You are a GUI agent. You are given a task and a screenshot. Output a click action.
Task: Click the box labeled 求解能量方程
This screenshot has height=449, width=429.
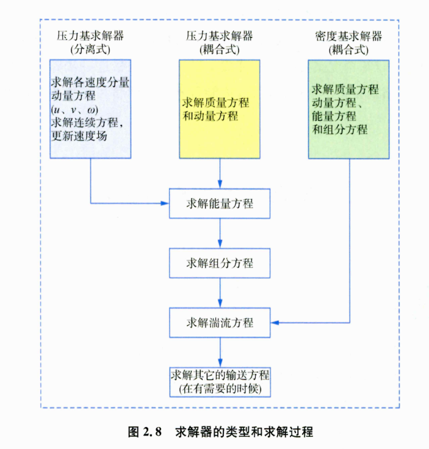point(220,204)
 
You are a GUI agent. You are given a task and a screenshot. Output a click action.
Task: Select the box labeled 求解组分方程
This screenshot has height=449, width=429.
point(220,264)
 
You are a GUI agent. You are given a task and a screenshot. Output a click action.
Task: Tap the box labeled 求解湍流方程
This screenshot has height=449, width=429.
point(220,323)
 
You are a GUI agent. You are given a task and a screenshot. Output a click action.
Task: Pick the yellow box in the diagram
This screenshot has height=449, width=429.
point(220,109)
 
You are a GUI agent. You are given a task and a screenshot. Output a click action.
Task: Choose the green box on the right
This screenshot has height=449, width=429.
point(348,109)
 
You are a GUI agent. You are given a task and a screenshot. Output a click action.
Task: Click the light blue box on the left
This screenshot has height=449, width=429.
point(90,109)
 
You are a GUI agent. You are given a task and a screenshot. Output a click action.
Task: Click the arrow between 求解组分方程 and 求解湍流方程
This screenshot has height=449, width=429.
point(220,293)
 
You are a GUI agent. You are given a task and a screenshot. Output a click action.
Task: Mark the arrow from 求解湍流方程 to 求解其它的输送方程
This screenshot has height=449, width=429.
point(220,351)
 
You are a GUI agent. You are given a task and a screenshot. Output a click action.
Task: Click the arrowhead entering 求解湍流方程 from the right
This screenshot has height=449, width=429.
point(274,322)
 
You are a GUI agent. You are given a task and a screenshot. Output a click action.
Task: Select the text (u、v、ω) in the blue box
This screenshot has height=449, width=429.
point(74,109)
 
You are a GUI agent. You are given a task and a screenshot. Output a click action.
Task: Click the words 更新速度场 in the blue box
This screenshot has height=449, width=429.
point(78,135)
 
